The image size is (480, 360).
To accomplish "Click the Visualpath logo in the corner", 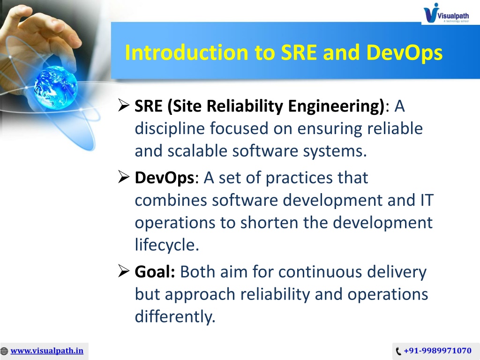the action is (446, 13).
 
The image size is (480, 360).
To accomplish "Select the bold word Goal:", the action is (155, 271).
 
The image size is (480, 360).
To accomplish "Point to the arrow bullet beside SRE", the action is (124, 105).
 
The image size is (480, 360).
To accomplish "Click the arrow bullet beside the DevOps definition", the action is (124, 177).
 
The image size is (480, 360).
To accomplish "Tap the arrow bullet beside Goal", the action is (124, 271).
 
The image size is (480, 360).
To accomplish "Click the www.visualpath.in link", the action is (47, 351).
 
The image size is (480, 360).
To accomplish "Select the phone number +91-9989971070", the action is (438, 351).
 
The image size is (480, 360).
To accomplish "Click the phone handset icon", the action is (398, 351).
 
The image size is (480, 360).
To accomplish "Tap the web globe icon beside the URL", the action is (4, 351).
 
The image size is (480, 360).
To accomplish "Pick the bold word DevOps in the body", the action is (165, 178).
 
